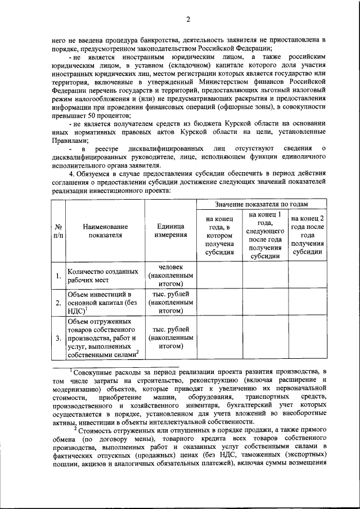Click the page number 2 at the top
[188, 20]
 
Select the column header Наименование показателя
[105, 231]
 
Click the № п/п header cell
[57, 231]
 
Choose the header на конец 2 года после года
[307, 236]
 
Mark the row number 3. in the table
[58, 339]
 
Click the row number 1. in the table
[58, 276]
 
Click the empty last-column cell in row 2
[307, 302]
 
